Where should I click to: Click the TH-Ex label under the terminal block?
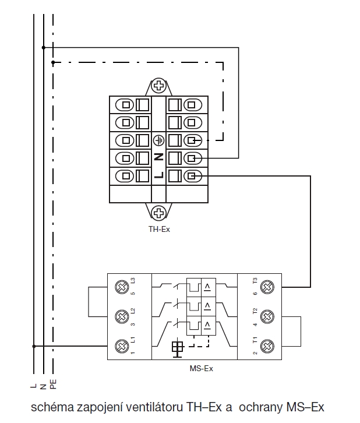point(158,229)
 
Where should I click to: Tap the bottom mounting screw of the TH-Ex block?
point(158,212)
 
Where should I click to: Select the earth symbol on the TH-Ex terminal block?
point(158,140)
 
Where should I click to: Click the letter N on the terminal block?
point(158,157)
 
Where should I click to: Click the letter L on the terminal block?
point(158,174)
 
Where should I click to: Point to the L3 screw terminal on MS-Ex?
point(122,287)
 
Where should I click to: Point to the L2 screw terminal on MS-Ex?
point(122,317)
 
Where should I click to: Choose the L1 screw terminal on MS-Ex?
point(122,346)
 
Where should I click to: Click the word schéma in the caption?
point(48,406)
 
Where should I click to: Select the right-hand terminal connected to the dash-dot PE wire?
point(193,140)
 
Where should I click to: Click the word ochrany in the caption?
point(262,406)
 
